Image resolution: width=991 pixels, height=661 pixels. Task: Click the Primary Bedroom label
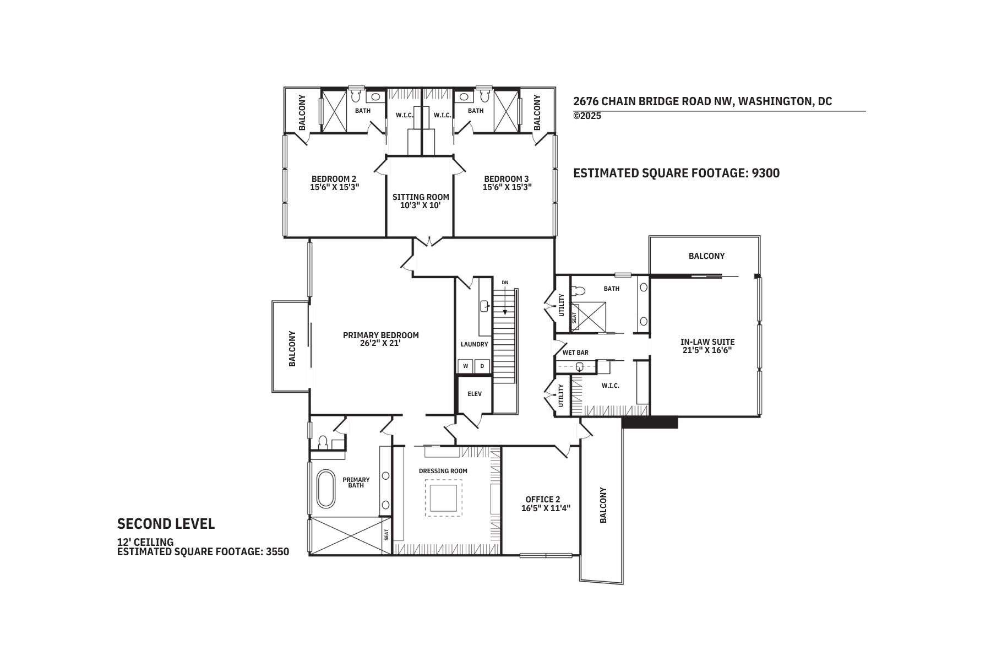[380, 335]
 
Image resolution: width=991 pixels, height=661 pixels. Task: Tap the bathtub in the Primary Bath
[325, 489]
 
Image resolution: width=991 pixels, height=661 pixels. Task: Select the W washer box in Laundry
[465, 366]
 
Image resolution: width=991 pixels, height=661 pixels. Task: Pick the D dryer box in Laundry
[482, 366]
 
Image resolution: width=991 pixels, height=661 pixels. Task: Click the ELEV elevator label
[474, 394]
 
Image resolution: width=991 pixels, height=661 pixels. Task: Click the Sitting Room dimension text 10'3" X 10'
[421, 205]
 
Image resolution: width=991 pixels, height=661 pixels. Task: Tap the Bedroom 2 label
[334, 178]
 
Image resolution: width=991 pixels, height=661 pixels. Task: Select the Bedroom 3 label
[506, 178]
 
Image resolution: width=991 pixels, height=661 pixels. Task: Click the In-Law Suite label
[707, 342]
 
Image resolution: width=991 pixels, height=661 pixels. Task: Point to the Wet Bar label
[575, 353]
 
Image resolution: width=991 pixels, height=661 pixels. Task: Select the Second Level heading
[166, 524]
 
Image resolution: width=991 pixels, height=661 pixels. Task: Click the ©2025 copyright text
[587, 116]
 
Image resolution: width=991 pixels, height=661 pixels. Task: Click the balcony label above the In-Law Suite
[706, 256]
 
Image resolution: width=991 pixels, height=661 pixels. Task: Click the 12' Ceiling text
[145, 542]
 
